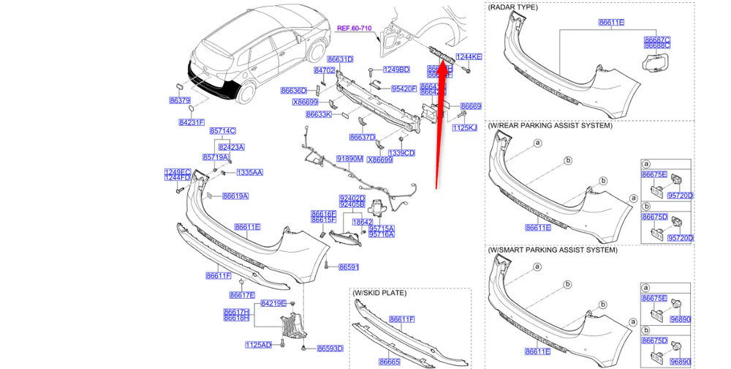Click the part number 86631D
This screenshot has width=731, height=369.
click(x=340, y=59)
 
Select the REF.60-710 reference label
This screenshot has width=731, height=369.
click(x=355, y=28)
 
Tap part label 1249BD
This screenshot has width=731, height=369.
click(x=396, y=70)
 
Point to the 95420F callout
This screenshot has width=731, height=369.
click(x=404, y=89)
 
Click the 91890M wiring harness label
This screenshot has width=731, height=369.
click(x=349, y=158)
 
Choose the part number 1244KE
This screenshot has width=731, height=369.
click(x=469, y=56)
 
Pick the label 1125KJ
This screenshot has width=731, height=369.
click(x=464, y=127)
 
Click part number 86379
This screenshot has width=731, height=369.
click(x=180, y=100)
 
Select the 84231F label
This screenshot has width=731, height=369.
click(x=192, y=122)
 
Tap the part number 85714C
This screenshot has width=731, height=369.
click(x=223, y=130)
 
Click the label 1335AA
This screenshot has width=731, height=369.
click(x=249, y=172)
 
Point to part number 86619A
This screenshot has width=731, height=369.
click(x=235, y=196)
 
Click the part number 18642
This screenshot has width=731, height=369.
click(x=363, y=221)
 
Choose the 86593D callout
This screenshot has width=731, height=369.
click(x=330, y=348)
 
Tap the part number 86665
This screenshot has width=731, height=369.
click(x=389, y=362)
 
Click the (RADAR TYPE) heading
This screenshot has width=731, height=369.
click(x=512, y=7)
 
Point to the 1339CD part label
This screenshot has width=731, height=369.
click(x=401, y=153)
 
